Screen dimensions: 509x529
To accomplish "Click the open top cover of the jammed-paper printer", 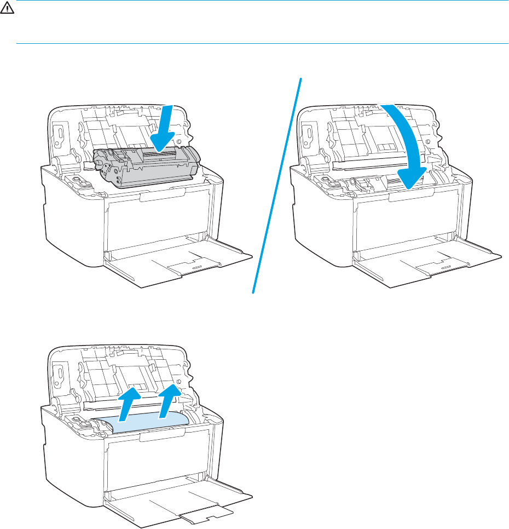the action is [120, 372].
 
